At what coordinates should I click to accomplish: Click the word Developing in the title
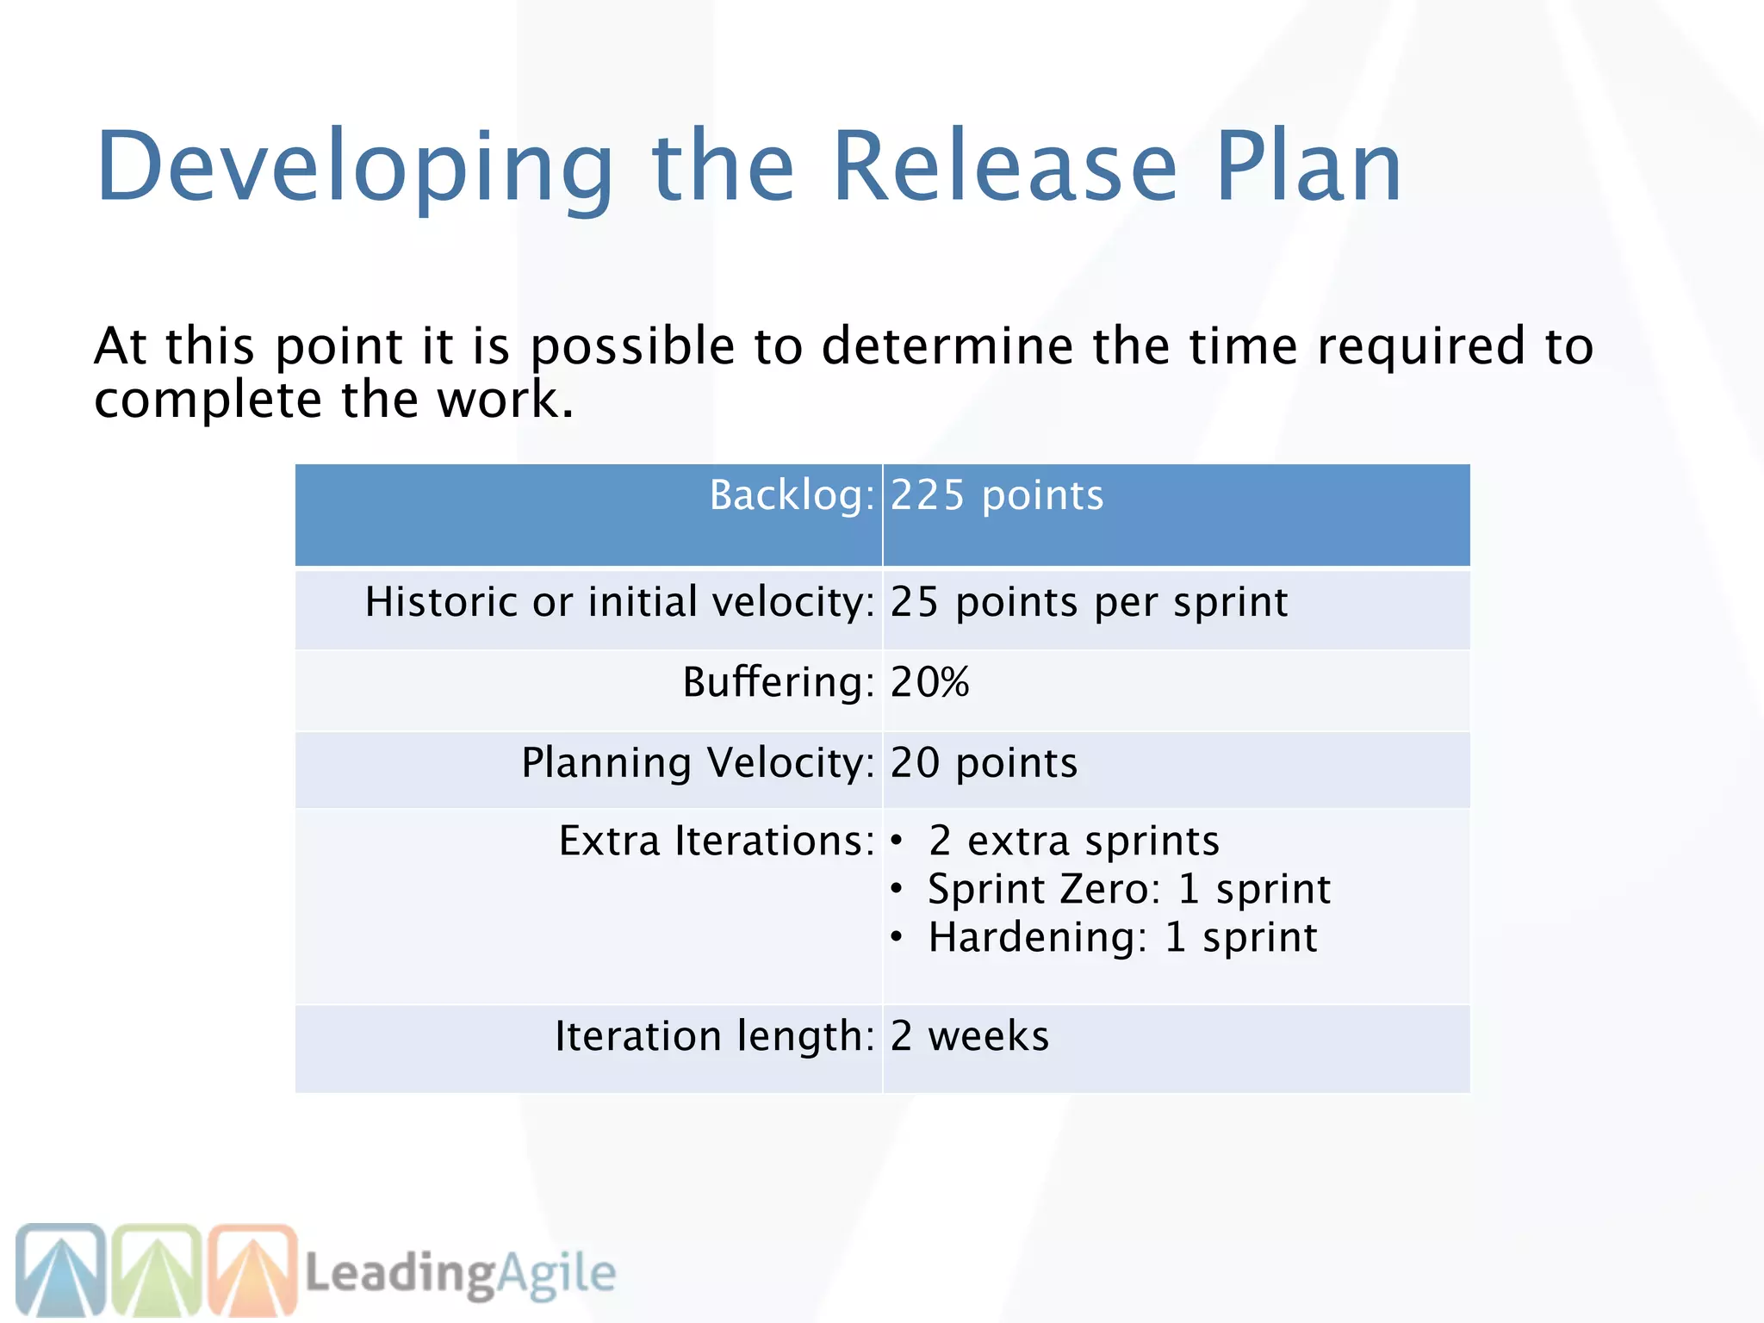pos(354,168)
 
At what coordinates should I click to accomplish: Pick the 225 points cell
pos(997,495)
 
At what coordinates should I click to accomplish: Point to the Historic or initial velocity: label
pos(619,601)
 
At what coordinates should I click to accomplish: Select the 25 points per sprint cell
pos(1089,601)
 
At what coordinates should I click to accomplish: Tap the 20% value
pos(929,682)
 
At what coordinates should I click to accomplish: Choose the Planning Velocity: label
pos(698,763)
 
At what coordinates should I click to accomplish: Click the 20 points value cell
pos(984,763)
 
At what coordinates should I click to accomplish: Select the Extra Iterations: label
pos(717,841)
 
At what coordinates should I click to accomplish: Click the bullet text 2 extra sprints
pos(1073,841)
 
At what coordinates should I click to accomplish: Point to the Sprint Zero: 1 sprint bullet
pos(1128,889)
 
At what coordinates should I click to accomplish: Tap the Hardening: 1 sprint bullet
pos(1122,937)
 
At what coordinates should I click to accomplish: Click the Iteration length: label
pos(714,1036)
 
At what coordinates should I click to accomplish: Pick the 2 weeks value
pos(970,1036)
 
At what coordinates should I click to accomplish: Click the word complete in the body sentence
pos(208,401)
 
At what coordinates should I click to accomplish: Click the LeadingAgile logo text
pos(461,1273)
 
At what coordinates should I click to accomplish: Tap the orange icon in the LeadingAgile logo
pos(253,1270)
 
